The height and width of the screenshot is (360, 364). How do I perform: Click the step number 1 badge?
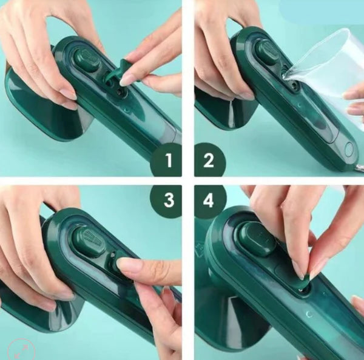[x=166, y=160]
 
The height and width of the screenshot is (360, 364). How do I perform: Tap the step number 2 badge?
[x=209, y=160]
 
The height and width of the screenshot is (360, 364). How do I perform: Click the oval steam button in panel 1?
[x=87, y=60]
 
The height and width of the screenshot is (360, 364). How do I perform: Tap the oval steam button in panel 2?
[x=266, y=52]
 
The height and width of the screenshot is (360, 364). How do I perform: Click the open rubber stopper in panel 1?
[x=120, y=72]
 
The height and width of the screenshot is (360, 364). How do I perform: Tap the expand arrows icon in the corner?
[x=21, y=350]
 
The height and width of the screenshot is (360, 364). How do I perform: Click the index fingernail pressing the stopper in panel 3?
[x=126, y=264]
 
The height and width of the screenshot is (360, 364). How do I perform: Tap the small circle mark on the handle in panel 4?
[x=309, y=315]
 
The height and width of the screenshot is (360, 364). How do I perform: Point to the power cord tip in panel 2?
[x=359, y=167]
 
